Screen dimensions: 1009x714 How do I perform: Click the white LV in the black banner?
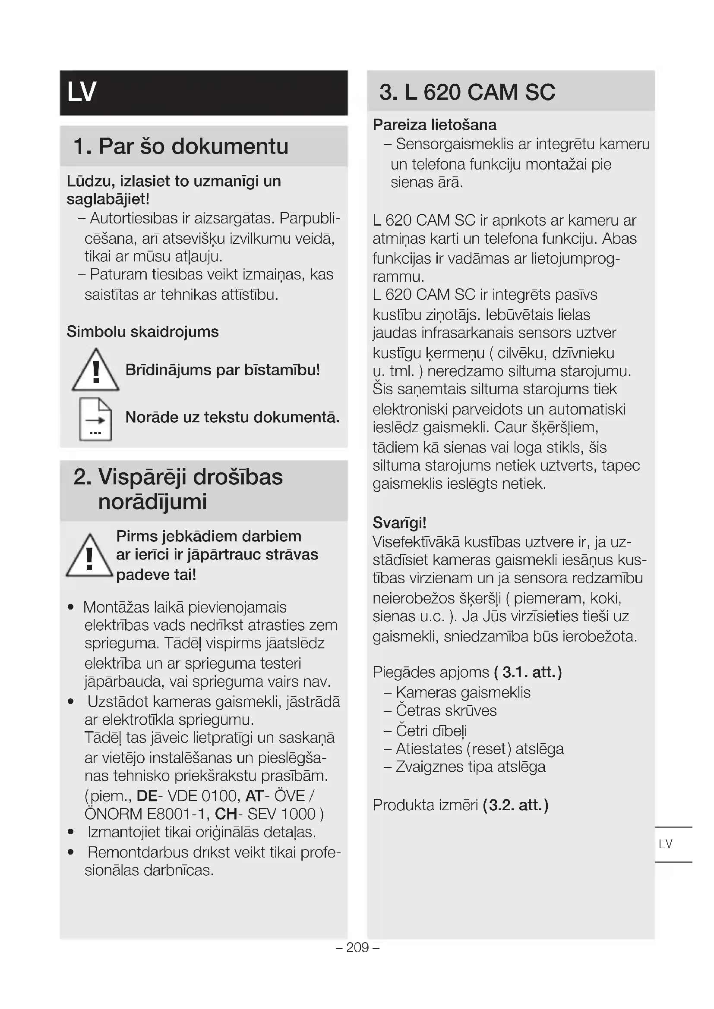pos(82,92)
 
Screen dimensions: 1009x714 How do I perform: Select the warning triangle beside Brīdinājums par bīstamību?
pos(95,371)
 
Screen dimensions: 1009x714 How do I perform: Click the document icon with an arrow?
pos(95,419)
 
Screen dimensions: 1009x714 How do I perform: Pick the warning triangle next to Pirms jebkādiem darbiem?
pos(90,556)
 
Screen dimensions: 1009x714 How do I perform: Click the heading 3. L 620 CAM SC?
pos(467,92)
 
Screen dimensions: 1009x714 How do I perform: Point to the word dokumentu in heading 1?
pos(230,146)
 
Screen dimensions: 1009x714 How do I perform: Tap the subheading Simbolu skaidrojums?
pos(142,332)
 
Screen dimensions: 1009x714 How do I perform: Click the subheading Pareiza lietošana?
pos(434,125)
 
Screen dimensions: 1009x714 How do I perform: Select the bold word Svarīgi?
pos(399,523)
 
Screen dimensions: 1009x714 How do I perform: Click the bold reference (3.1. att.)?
pos(528,673)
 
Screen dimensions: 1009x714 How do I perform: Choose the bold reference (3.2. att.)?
pos(515,805)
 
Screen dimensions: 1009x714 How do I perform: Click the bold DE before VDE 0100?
pos(147,796)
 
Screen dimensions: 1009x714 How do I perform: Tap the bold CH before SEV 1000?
pos(225,814)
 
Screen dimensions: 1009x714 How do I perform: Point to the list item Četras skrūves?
pos(446,710)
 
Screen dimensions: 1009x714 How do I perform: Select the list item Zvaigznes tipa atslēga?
pos(470,767)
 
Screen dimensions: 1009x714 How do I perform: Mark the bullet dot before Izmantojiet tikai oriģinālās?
pos(71,832)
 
